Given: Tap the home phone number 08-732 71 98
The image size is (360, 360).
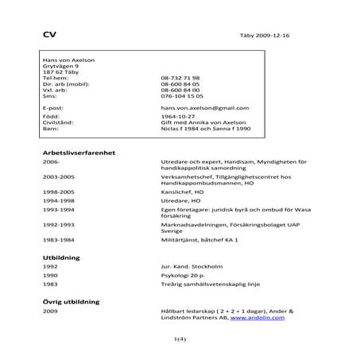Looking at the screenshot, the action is (180, 79).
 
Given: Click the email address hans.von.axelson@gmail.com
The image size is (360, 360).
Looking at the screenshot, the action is (199, 106).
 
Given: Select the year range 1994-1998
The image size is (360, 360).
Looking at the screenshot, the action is (59, 202).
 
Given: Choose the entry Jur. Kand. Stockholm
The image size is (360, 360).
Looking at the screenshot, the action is (188, 267).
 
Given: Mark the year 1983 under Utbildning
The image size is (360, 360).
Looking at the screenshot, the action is (51, 285).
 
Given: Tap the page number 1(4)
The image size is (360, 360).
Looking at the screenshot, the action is (180, 340).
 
